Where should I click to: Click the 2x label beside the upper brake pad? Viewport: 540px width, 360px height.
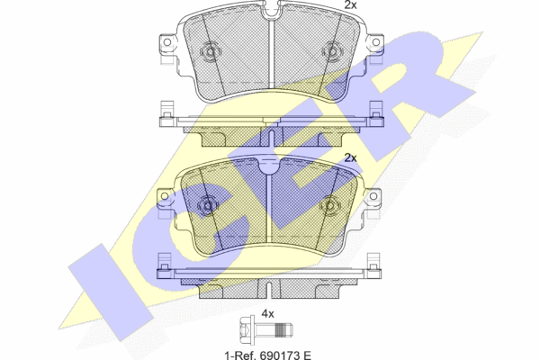(351, 4)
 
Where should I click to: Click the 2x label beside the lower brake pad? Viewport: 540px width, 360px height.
(351, 158)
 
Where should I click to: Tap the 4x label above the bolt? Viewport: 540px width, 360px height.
(267, 314)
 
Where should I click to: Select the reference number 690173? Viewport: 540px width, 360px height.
(277, 355)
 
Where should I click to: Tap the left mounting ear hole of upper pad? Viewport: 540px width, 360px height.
(167, 42)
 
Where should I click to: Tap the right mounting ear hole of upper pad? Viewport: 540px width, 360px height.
(376, 42)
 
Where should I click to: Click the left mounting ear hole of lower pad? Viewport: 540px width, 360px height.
(165, 196)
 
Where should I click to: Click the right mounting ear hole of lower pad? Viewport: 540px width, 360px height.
(373, 196)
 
